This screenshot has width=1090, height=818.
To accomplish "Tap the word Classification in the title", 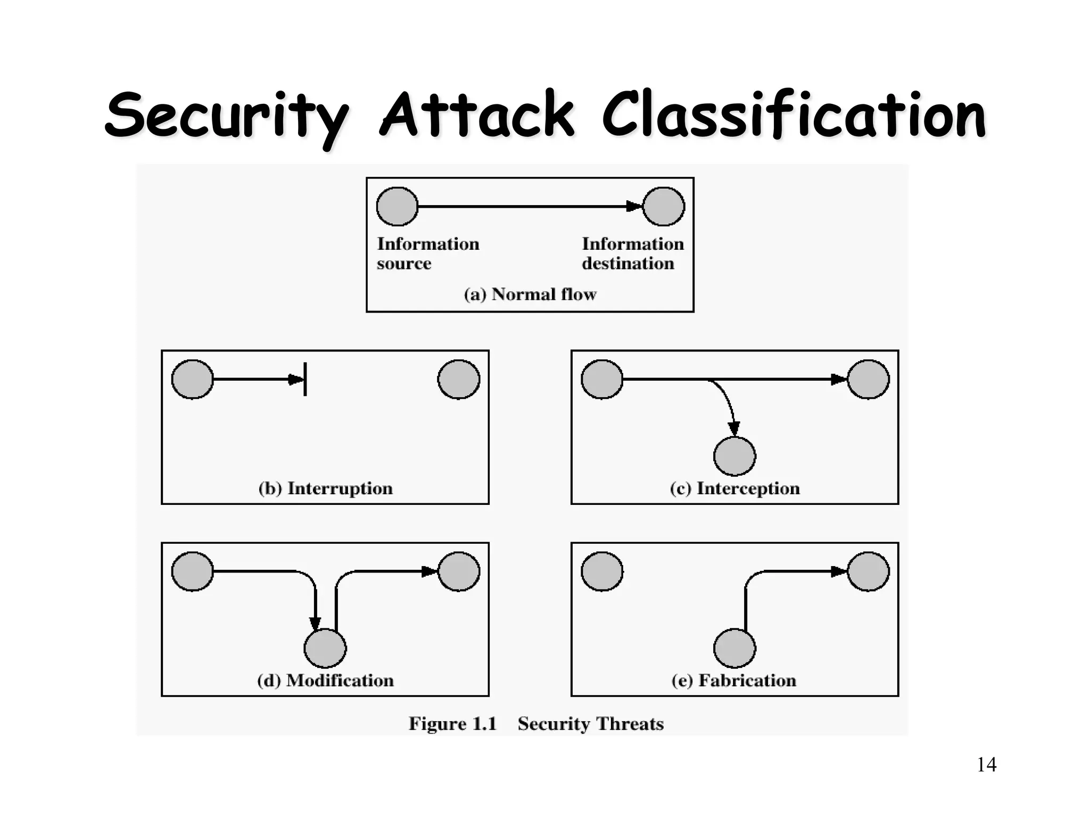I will click(x=794, y=115).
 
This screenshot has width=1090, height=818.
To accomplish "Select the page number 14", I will click(x=986, y=765).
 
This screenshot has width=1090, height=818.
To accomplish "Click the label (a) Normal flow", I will click(x=530, y=294).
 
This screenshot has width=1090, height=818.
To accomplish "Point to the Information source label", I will click(x=428, y=253).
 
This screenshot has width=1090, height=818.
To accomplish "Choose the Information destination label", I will click(x=632, y=253).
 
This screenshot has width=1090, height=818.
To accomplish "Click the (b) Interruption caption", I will click(x=325, y=488).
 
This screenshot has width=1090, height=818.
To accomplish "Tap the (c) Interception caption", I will click(x=734, y=488).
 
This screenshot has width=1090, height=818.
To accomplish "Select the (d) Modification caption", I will click(x=325, y=681).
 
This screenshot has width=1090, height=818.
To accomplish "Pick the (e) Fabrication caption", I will click(x=734, y=681).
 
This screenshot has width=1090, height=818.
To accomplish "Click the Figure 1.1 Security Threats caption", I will click(x=536, y=724).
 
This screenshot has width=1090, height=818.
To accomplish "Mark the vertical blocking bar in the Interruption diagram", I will click(x=305, y=379).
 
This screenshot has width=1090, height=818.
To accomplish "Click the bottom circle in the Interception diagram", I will click(x=734, y=456).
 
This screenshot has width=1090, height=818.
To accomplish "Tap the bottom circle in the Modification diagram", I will click(x=325, y=648).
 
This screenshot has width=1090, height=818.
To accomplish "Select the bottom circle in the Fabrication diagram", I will click(x=734, y=648).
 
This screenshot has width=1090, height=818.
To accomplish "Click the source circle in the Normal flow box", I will click(x=397, y=207).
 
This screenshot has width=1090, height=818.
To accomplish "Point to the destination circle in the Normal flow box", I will click(x=664, y=207).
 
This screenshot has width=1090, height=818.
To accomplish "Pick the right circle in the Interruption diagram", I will click(x=458, y=379).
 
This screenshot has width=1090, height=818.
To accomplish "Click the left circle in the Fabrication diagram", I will click(x=602, y=571).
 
